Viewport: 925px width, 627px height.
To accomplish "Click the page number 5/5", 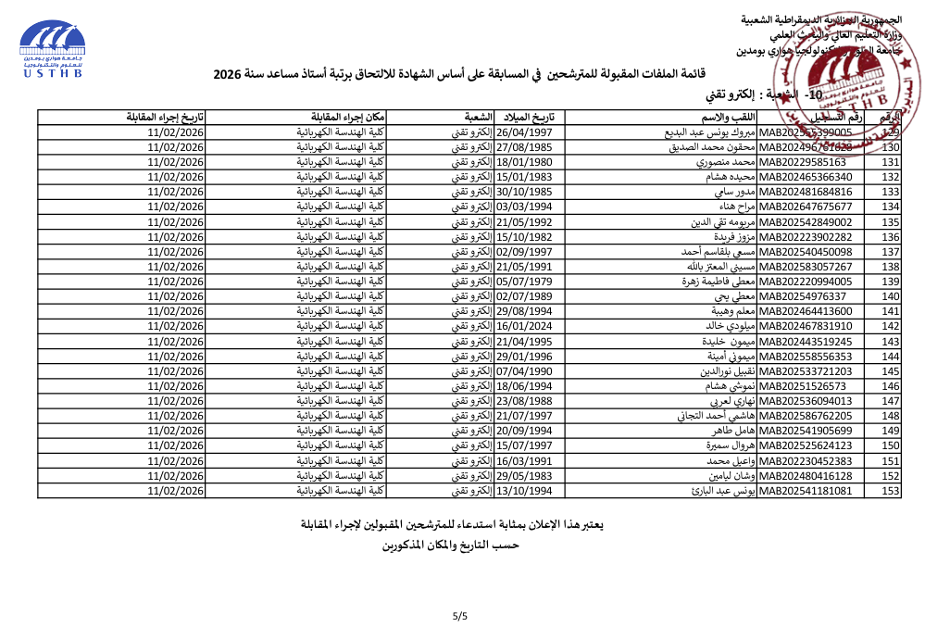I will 460,615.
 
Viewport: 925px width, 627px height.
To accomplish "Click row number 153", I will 891,491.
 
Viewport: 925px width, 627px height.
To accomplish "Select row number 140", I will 891,296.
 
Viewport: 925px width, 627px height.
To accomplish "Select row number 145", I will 891,371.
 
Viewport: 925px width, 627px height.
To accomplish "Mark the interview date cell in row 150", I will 175,445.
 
